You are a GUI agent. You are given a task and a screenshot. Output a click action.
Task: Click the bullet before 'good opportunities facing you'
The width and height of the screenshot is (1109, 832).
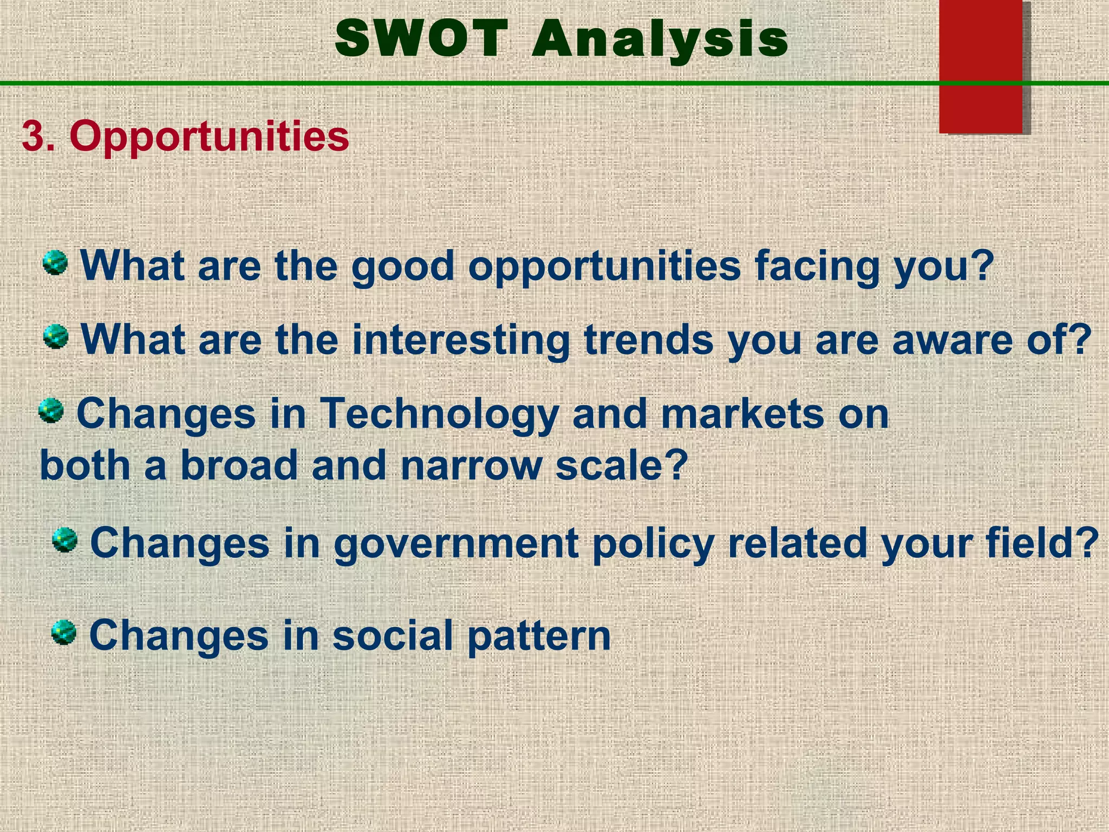pos(55,263)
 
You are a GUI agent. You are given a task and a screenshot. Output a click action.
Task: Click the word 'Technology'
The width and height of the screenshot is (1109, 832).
pos(439,414)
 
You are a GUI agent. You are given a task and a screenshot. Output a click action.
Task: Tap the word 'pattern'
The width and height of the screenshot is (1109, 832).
pos(539,636)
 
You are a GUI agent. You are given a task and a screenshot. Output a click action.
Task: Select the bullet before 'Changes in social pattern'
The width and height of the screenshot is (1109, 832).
pos(64,633)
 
